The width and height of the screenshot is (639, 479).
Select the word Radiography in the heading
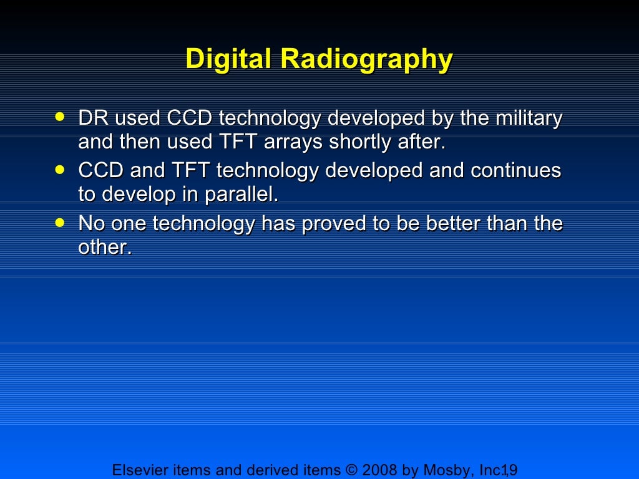coord(366,60)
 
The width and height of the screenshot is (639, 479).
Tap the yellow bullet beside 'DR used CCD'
coord(59,116)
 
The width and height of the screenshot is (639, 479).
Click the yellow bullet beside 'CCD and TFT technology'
coord(59,168)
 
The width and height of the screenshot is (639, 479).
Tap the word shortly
coord(361,142)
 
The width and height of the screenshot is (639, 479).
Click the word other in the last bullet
coord(104,247)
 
